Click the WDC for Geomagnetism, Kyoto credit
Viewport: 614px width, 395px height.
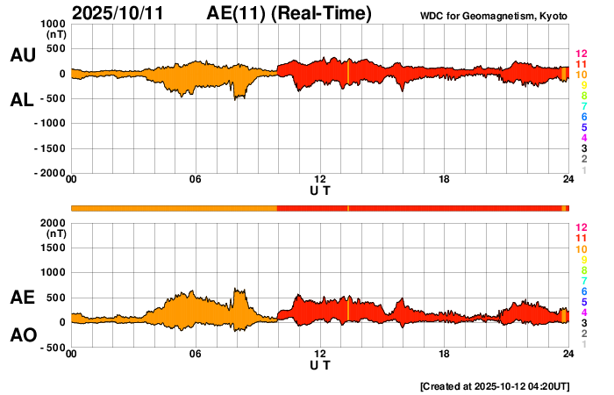point(495,17)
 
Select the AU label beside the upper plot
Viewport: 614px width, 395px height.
point(22,55)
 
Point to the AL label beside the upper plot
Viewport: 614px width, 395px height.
point(22,100)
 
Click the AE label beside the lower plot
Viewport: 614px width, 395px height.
point(22,298)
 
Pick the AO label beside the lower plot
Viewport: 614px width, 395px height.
point(22,336)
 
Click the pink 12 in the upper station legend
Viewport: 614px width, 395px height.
point(580,54)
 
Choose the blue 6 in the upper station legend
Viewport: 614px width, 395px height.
point(582,117)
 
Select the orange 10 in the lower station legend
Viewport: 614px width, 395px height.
point(580,249)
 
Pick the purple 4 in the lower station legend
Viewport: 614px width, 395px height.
point(582,312)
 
